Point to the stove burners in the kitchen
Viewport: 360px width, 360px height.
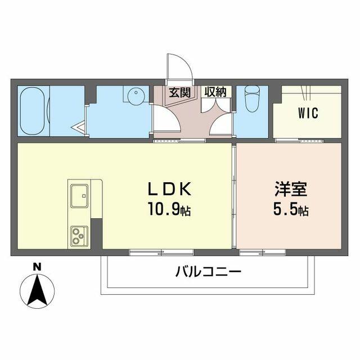click(78, 235)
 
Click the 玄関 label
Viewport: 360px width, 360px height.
click(179, 92)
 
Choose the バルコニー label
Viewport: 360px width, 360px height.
click(208, 273)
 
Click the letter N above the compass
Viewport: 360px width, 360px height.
click(36, 267)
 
